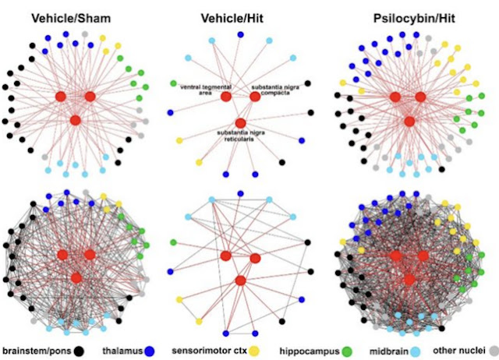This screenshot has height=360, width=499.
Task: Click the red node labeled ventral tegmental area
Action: tap(226, 97)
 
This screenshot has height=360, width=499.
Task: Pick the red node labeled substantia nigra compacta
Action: tap(255, 97)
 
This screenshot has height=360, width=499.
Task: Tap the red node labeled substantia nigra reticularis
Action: tap(240, 123)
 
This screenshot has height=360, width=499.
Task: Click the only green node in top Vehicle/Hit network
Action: tap(174, 83)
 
